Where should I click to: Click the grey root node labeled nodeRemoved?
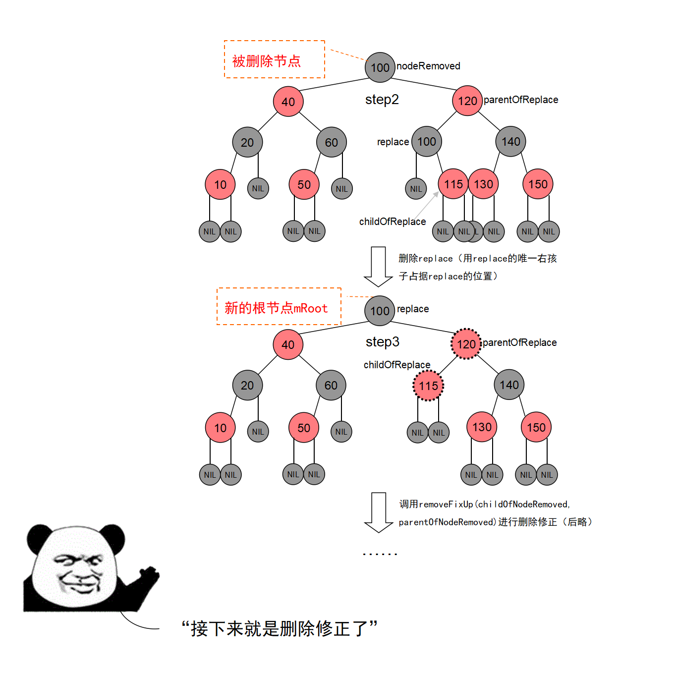pyautogui.click(x=380, y=67)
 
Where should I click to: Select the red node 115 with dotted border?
pyautogui.click(x=428, y=386)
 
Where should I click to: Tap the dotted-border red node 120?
pyautogui.click(x=466, y=344)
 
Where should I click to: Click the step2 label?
pyautogui.click(x=382, y=99)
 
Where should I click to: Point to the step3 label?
pyautogui.click(x=382, y=342)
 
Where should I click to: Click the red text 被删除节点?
pyautogui.click(x=266, y=61)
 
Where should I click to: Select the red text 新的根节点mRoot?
pyautogui.click(x=276, y=308)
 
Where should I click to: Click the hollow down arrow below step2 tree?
pyautogui.click(x=378, y=267)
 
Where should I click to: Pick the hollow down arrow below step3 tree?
pyautogui.click(x=379, y=512)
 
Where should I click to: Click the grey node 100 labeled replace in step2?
pyautogui.click(x=426, y=141)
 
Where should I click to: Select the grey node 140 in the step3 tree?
pyautogui.click(x=509, y=385)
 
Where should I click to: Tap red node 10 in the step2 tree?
pyautogui.click(x=220, y=184)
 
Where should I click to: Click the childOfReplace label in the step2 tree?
pyautogui.click(x=392, y=222)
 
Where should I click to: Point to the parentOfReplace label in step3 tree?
pyautogui.click(x=519, y=342)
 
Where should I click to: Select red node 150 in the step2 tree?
pyautogui.click(x=538, y=184)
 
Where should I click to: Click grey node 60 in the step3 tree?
pyautogui.click(x=331, y=385)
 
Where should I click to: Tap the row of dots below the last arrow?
pyautogui.click(x=380, y=554)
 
